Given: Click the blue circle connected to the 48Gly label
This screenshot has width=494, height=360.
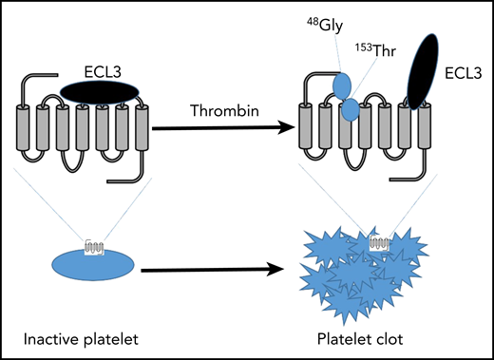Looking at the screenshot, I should [342, 85].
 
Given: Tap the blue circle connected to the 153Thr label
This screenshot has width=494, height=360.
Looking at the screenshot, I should [351, 109].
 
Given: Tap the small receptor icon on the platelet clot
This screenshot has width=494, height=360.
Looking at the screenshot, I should [379, 241].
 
